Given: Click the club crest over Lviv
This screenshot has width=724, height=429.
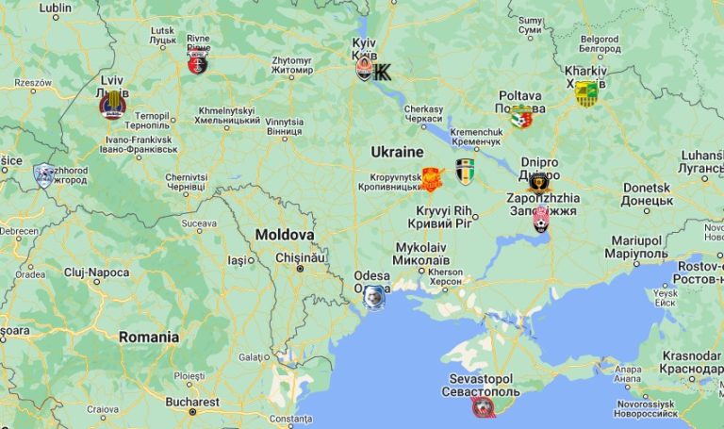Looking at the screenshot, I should coord(113,105).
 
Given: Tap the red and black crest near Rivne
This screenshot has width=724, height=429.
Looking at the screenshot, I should coord(197,63).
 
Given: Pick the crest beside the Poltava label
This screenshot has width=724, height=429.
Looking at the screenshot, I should coord(520,117).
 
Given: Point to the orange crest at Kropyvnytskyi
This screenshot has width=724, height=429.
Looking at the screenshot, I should coord(432,179).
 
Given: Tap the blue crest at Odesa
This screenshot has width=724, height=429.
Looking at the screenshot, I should coord(374,298).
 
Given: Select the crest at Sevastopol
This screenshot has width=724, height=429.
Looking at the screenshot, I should coord(483,407).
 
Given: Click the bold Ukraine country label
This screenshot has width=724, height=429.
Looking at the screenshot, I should coord(397,152).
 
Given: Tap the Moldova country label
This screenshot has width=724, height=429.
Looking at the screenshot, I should coord(285,234).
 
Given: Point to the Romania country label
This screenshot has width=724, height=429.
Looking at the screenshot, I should coord(148,337).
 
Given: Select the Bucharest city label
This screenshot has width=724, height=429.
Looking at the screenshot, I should coord(191,401).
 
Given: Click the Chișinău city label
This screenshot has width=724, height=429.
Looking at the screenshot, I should coord(300,256).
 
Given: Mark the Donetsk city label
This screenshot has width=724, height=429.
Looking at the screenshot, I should coord(647,193).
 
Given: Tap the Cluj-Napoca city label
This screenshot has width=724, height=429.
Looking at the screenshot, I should coord(96,272).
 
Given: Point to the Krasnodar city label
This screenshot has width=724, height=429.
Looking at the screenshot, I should coord(691,363).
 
